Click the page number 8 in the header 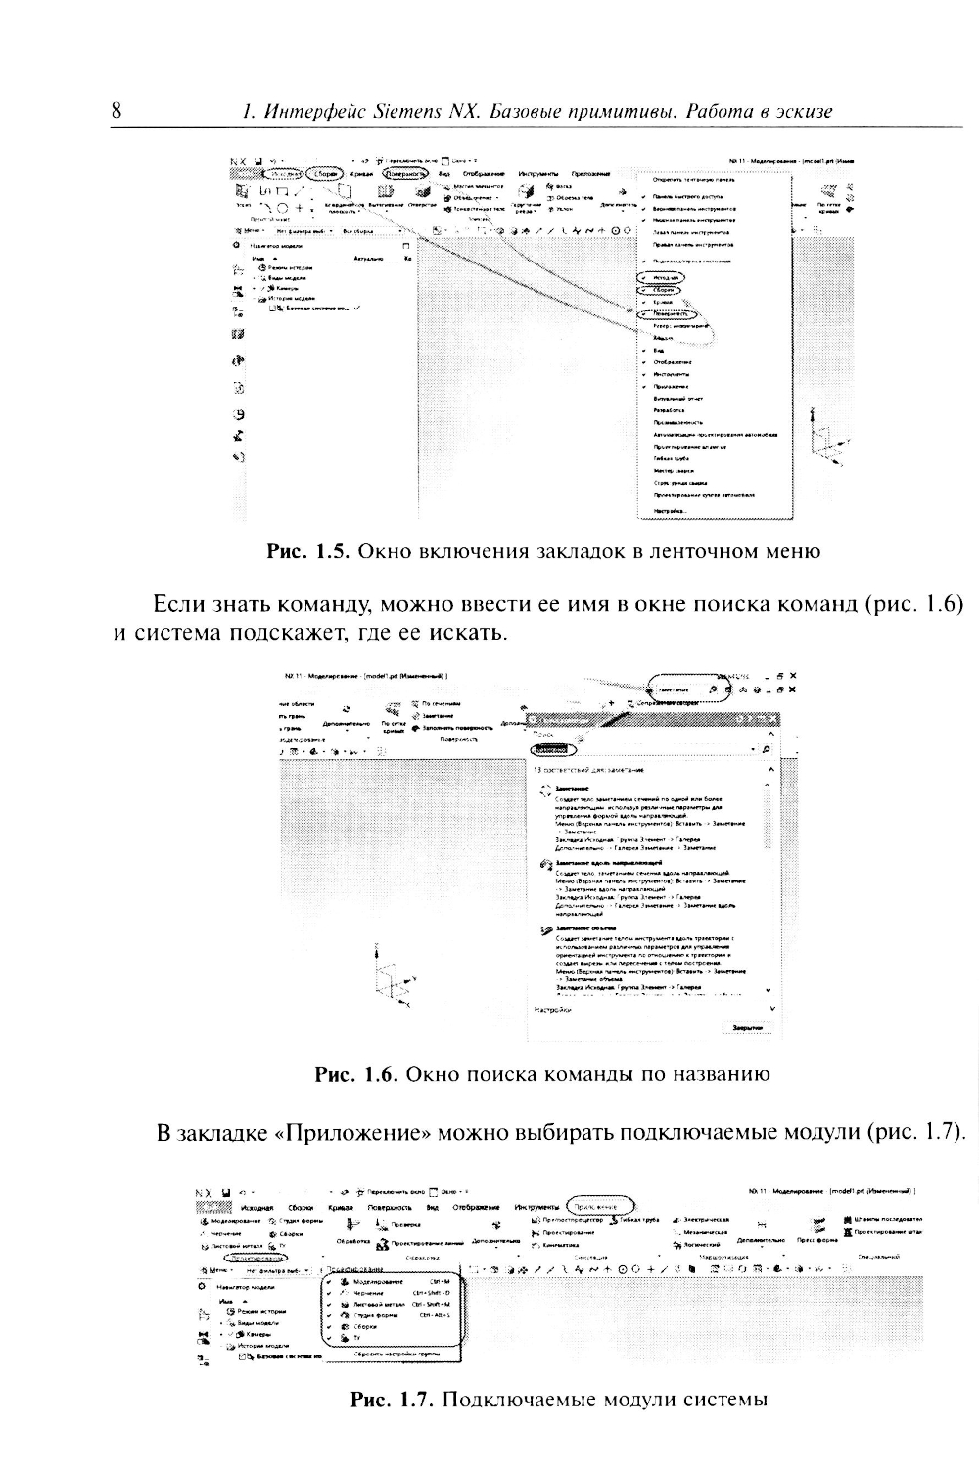pyautogui.click(x=117, y=110)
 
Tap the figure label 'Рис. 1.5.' pyautogui.click(x=308, y=551)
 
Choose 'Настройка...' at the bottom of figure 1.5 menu pyautogui.click(x=670, y=510)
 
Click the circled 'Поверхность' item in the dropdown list pyautogui.click(x=671, y=314)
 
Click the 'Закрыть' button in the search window pyautogui.click(x=746, y=1027)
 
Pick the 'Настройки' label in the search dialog pyautogui.click(x=553, y=1009)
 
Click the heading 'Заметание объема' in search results pyautogui.click(x=584, y=927)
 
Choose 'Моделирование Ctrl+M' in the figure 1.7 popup pyautogui.click(x=392, y=1281)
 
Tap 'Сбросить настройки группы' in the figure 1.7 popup pyautogui.click(x=396, y=1353)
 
